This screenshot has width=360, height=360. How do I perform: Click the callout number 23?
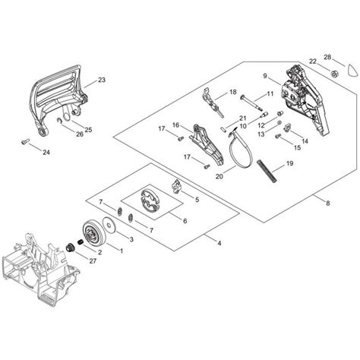click(x=101, y=80)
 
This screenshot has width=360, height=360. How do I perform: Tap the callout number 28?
click(x=327, y=57)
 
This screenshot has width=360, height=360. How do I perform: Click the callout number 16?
click(x=175, y=125)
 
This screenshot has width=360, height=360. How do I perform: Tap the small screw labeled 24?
click(x=25, y=139)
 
